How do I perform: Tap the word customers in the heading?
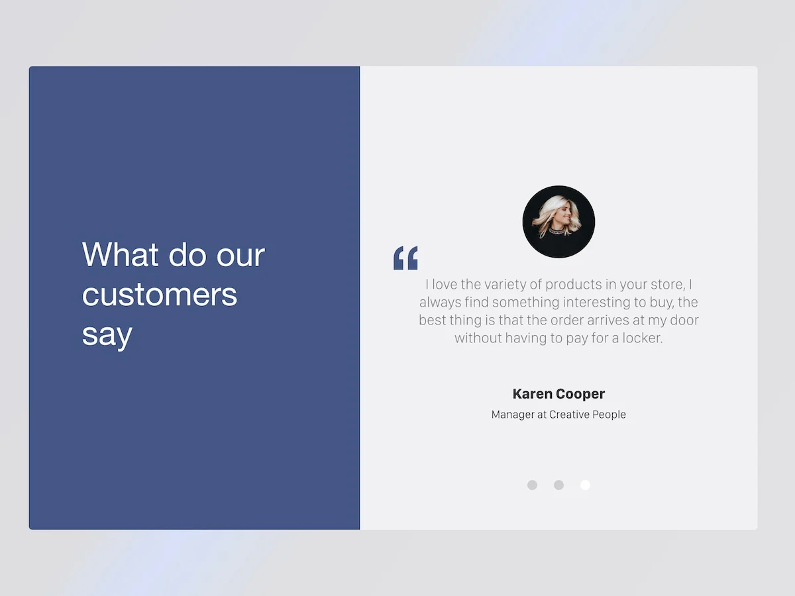(x=160, y=295)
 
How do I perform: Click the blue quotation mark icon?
(x=405, y=258)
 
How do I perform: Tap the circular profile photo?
(x=558, y=222)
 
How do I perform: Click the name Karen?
(x=533, y=394)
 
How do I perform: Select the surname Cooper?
(x=580, y=395)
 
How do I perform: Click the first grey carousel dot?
(x=532, y=485)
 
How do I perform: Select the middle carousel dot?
(x=559, y=485)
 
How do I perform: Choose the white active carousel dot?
(x=585, y=485)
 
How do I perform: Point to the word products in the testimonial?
(x=574, y=285)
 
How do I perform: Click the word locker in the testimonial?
(x=642, y=338)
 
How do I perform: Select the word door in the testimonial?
(x=684, y=321)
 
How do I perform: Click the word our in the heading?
(x=240, y=256)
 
